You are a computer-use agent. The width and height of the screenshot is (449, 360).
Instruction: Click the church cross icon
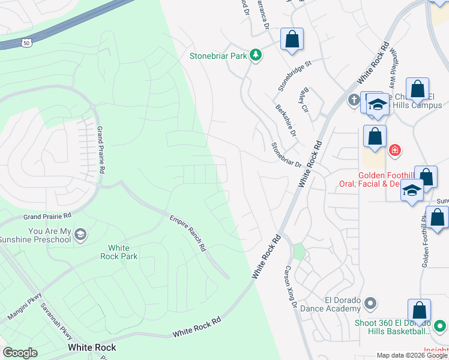point(354,98)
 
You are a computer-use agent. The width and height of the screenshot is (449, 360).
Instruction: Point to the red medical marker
point(394,149)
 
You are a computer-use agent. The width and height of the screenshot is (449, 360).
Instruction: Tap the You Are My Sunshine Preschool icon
point(81,234)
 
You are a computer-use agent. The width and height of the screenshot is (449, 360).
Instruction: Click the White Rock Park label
point(122,252)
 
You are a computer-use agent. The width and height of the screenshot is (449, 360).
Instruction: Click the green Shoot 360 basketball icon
point(440,326)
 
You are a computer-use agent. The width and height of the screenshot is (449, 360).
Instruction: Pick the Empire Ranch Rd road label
point(187,233)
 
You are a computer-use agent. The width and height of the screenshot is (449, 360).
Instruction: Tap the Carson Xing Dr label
point(291,287)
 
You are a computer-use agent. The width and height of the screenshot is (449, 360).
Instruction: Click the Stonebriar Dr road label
point(286,155)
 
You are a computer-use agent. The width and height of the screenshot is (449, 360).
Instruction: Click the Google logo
point(20,353)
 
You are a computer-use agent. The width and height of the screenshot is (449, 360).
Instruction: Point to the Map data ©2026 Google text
point(411,355)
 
